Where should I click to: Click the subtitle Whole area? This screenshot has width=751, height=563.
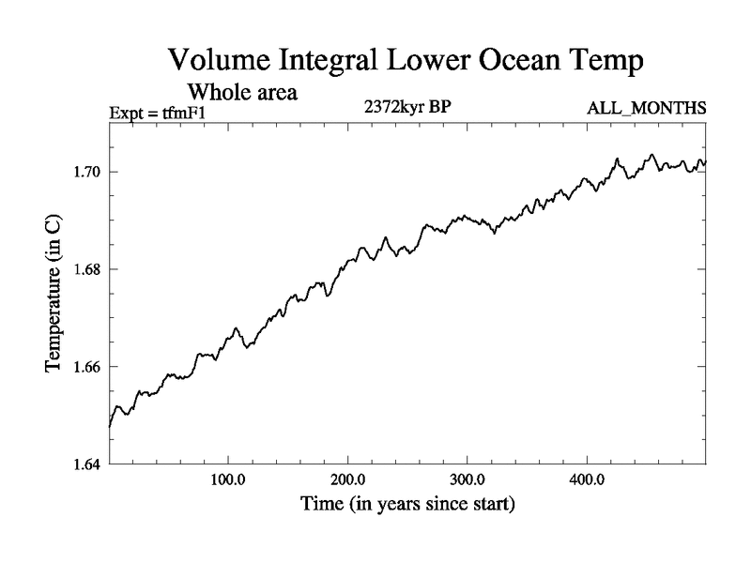click(x=243, y=92)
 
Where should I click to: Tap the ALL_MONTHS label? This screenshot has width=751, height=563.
click(x=646, y=109)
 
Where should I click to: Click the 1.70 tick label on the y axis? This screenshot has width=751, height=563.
click(x=89, y=172)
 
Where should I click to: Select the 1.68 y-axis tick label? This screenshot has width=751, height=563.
click(x=89, y=269)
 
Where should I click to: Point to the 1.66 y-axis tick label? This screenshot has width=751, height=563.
click(x=89, y=366)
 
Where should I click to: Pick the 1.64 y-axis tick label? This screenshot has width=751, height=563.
click(x=89, y=464)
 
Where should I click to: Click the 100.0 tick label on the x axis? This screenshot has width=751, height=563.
click(x=228, y=479)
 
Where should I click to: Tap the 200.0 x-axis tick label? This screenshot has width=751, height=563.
click(x=347, y=479)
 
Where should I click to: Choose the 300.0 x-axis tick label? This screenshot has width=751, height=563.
click(x=467, y=479)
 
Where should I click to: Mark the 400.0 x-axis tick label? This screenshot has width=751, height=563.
click(x=587, y=479)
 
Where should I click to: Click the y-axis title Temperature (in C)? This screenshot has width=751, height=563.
click(x=54, y=294)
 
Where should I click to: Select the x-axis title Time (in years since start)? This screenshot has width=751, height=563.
click(x=407, y=505)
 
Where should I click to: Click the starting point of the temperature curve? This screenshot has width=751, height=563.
click(x=110, y=427)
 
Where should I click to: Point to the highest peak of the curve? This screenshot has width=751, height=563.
click(x=651, y=154)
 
